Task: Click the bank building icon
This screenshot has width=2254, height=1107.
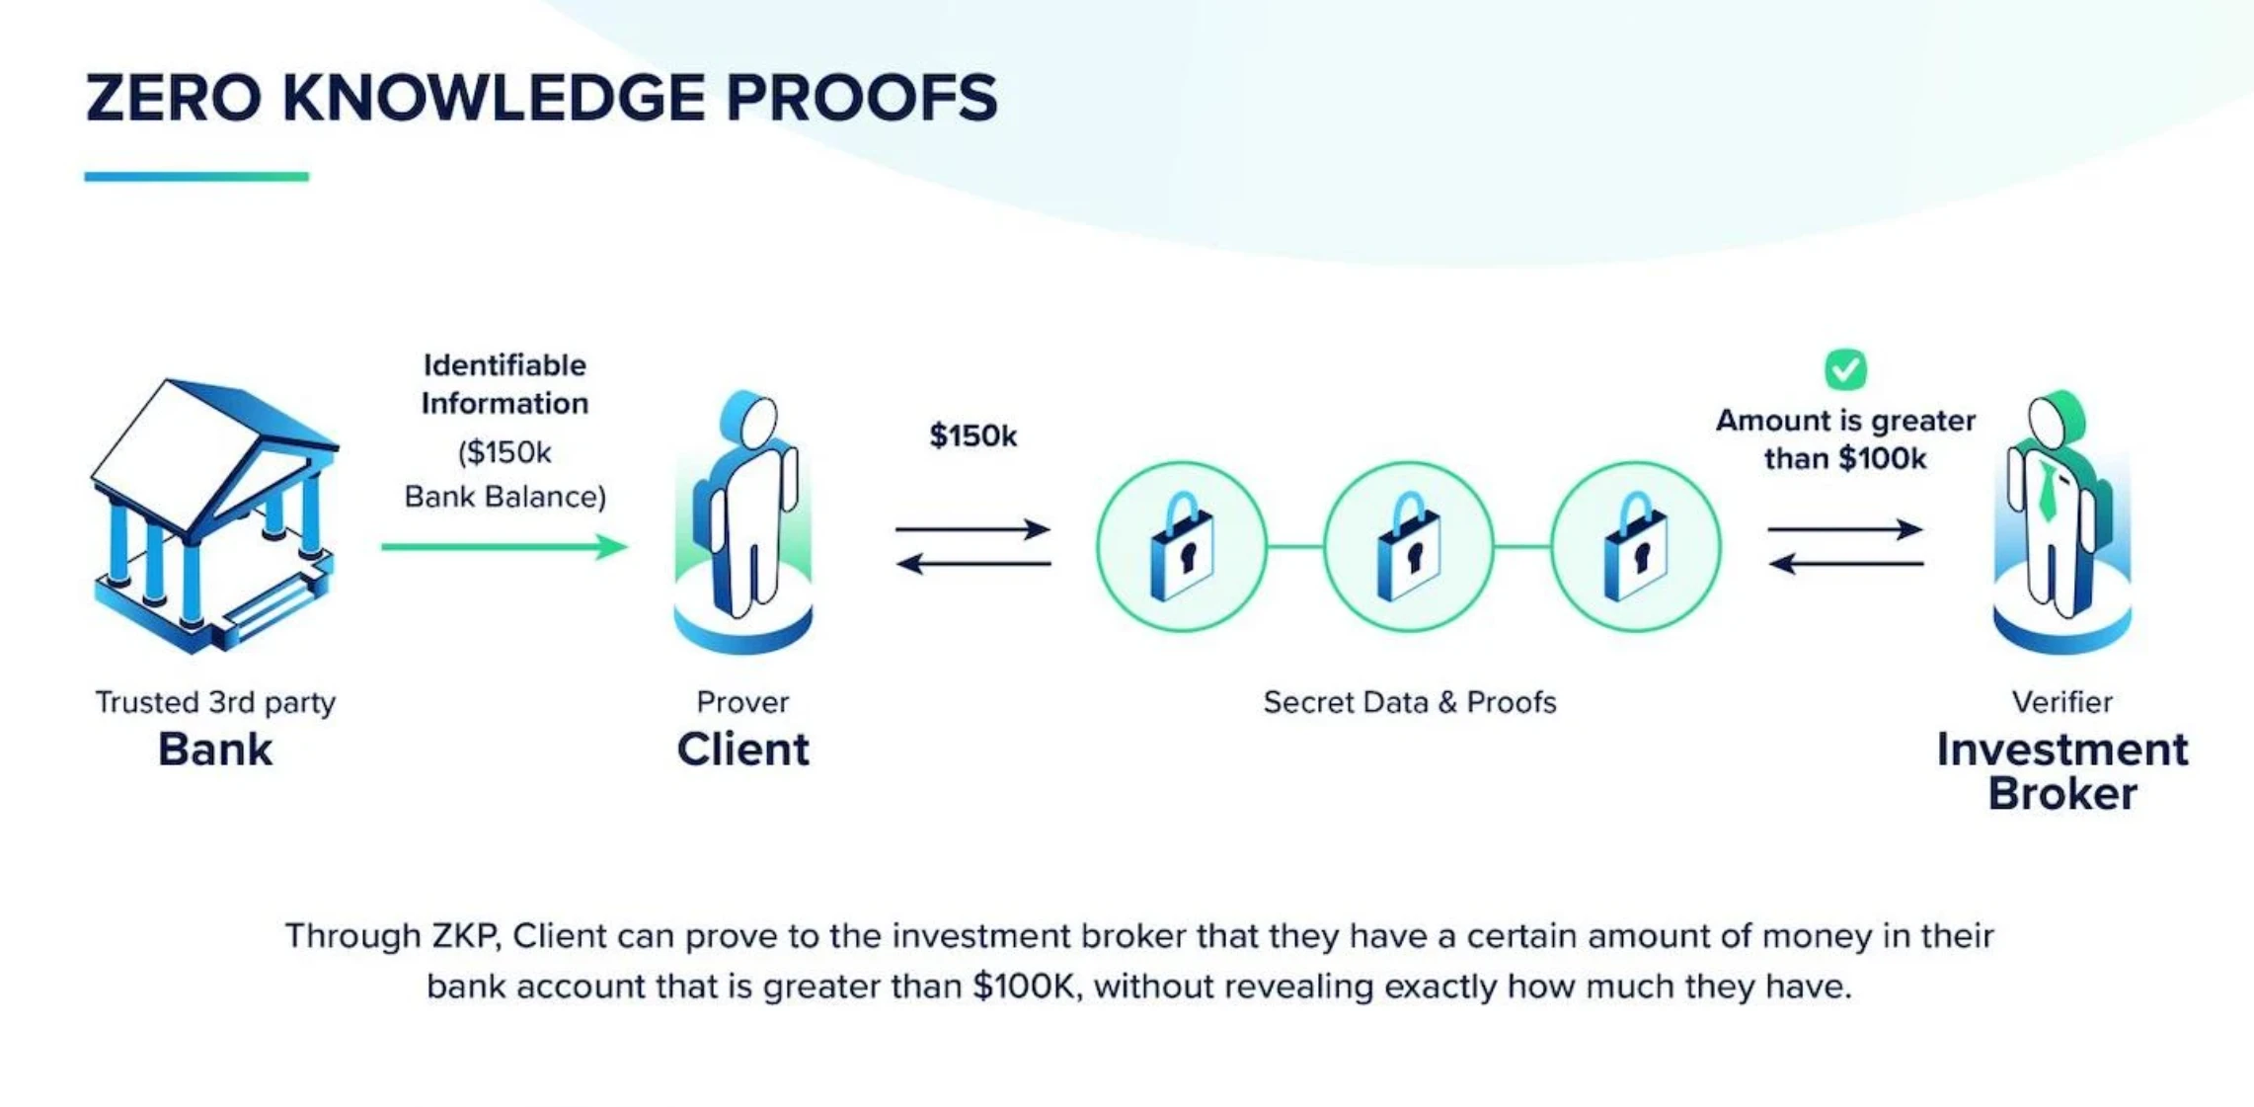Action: point(215,516)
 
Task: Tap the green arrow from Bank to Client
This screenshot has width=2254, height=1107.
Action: point(504,546)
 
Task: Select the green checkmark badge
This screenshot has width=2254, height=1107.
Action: point(1844,369)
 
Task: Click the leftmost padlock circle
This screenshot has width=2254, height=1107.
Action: point(1182,546)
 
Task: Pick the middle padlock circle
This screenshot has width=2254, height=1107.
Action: point(1409,546)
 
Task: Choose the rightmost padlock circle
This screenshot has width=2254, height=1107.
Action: point(1636,546)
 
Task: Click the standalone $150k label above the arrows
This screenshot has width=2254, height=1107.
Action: point(972,435)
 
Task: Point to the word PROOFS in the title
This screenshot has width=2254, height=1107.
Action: point(861,98)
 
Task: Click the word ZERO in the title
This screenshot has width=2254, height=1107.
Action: point(173,98)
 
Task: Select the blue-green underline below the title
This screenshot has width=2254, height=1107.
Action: point(196,177)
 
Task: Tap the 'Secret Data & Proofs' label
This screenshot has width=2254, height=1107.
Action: point(1409,702)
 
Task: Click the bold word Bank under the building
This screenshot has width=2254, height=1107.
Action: point(215,750)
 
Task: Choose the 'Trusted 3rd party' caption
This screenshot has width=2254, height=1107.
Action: point(215,702)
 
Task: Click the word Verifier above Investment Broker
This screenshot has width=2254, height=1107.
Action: point(2061,702)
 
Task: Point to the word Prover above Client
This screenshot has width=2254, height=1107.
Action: point(742,702)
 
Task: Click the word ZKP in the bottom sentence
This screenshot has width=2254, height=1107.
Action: point(464,935)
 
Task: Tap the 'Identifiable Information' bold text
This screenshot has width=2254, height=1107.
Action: point(505,384)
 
